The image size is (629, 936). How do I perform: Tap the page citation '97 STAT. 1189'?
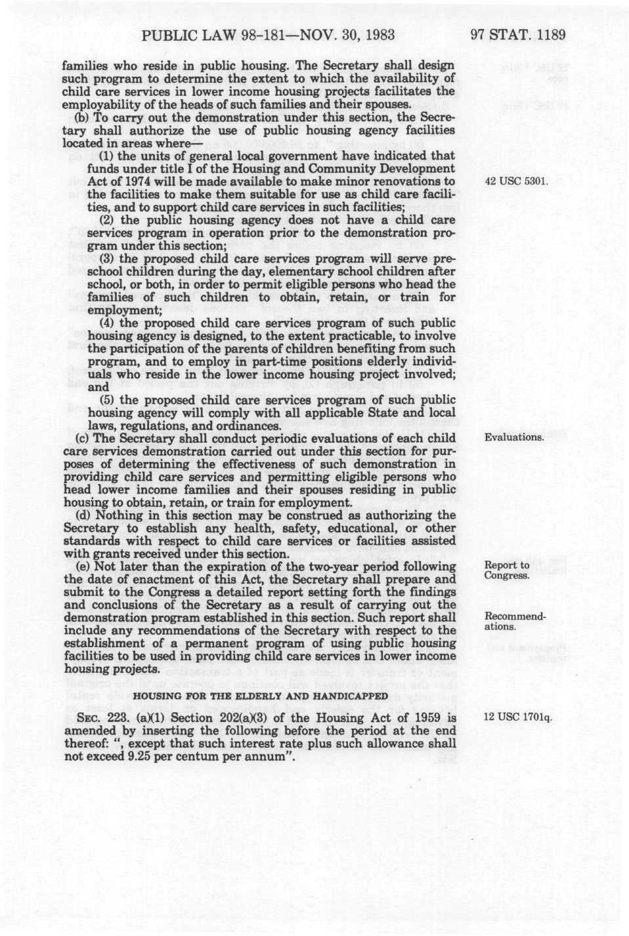(518, 35)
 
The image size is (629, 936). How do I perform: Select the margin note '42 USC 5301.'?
(515, 181)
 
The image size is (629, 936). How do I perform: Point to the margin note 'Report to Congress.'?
(507, 570)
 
